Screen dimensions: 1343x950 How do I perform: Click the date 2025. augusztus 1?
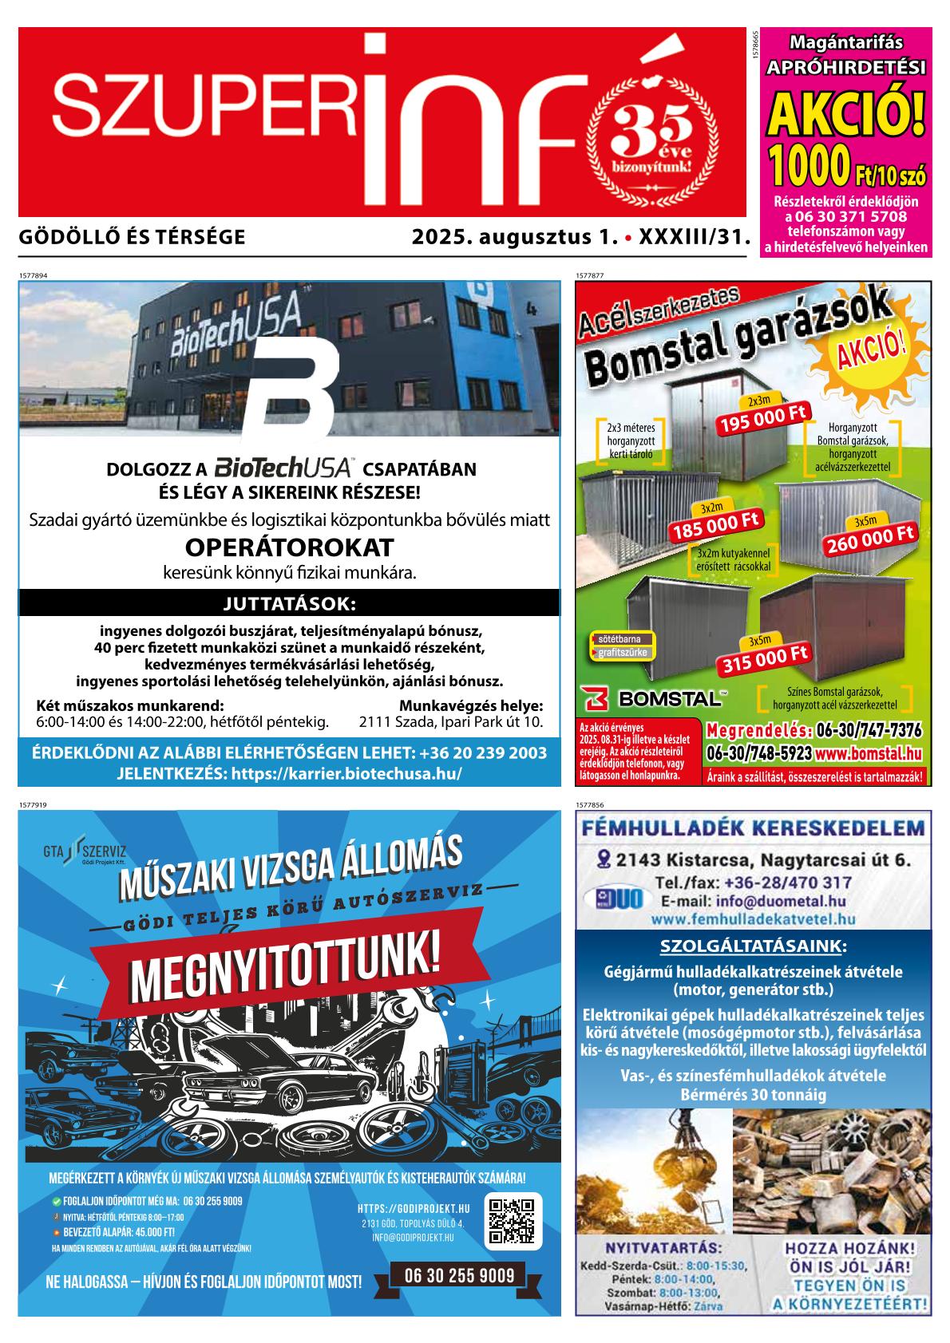point(516,237)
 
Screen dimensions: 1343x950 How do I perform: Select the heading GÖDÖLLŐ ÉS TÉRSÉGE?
point(131,237)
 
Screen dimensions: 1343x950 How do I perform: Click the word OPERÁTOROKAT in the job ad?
point(289,547)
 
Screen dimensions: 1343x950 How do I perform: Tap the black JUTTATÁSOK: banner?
point(289,602)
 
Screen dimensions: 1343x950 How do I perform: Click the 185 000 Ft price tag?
point(716,527)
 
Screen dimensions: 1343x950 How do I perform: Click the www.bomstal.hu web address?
point(869,752)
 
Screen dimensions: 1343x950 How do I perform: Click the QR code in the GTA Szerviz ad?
point(511,1222)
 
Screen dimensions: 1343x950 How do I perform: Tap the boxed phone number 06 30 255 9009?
point(459,1275)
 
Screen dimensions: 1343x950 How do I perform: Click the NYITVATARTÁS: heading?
point(664,1248)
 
